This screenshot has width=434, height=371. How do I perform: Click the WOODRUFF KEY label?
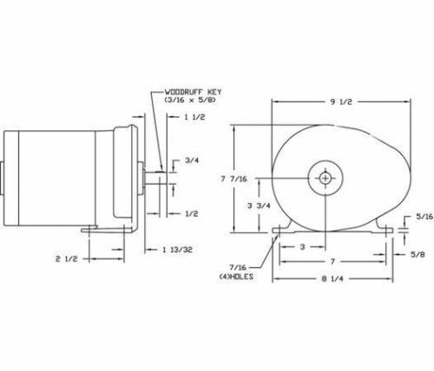pyautogui.click(x=193, y=92)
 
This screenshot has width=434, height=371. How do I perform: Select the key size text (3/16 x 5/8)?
pyautogui.click(x=190, y=100)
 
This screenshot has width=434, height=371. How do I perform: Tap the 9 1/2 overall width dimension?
pyautogui.click(x=341, y=101)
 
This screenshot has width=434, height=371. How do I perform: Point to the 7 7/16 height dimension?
pyautogui.click(x=234, y=179)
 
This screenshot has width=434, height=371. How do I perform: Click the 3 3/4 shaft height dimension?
pyautogui.click(x=259, y=205)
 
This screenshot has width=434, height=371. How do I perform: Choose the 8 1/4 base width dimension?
pyautogui.click(x=332, y=279)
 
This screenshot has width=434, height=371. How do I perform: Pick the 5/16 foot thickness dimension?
pyautogui.click(x=424, y=217)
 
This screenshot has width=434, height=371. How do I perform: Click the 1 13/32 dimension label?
pyautogui.click(x=177, y=250)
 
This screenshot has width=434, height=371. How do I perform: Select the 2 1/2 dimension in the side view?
pyautogui.click(x=67, y=259)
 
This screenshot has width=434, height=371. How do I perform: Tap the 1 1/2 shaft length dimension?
pyautogui.click(x=194, y=117)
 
